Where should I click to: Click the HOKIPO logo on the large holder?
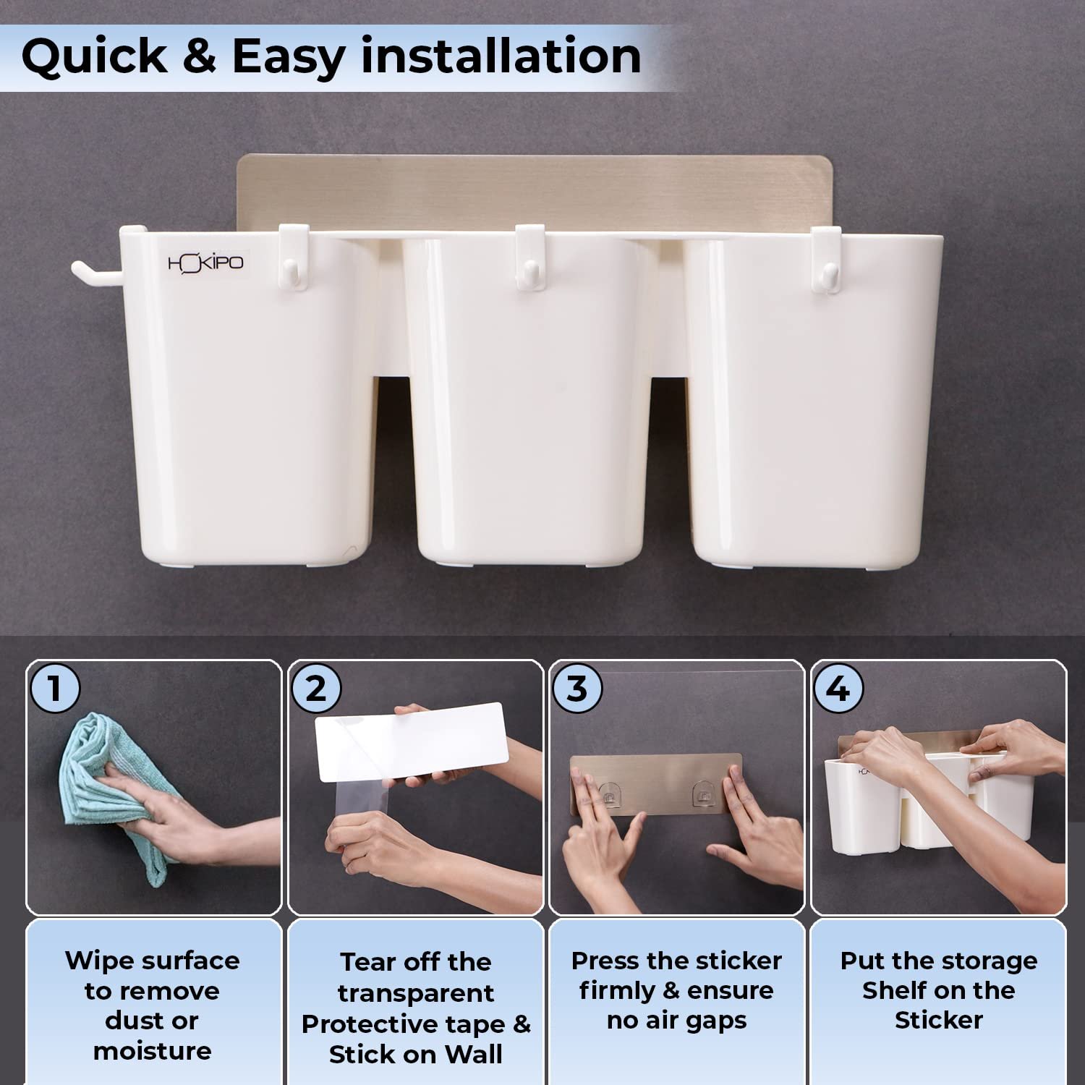(205, 263)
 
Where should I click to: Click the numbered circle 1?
(54, 688)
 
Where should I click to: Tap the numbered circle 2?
(316, 688)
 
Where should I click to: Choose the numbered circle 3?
(576, 688)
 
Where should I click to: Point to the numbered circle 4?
(838, 688)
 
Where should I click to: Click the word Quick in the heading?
(95, 56)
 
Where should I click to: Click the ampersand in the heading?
(200, 56)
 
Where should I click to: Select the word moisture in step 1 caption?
(153, 1050)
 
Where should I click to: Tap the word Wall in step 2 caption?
(474, 1054)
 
